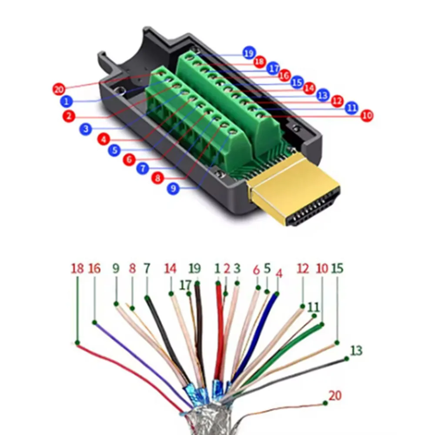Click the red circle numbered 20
59,89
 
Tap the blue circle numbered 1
66,102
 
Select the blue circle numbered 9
173,189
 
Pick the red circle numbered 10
367,115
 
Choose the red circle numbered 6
129,160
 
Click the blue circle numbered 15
297,82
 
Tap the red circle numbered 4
103,140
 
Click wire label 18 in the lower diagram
77,268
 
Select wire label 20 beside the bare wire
335,395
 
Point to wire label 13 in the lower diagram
356,350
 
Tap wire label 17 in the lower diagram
186,285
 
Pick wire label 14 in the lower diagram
170,268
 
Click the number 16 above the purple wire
94,268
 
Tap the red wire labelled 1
219,326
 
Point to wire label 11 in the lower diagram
313,307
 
